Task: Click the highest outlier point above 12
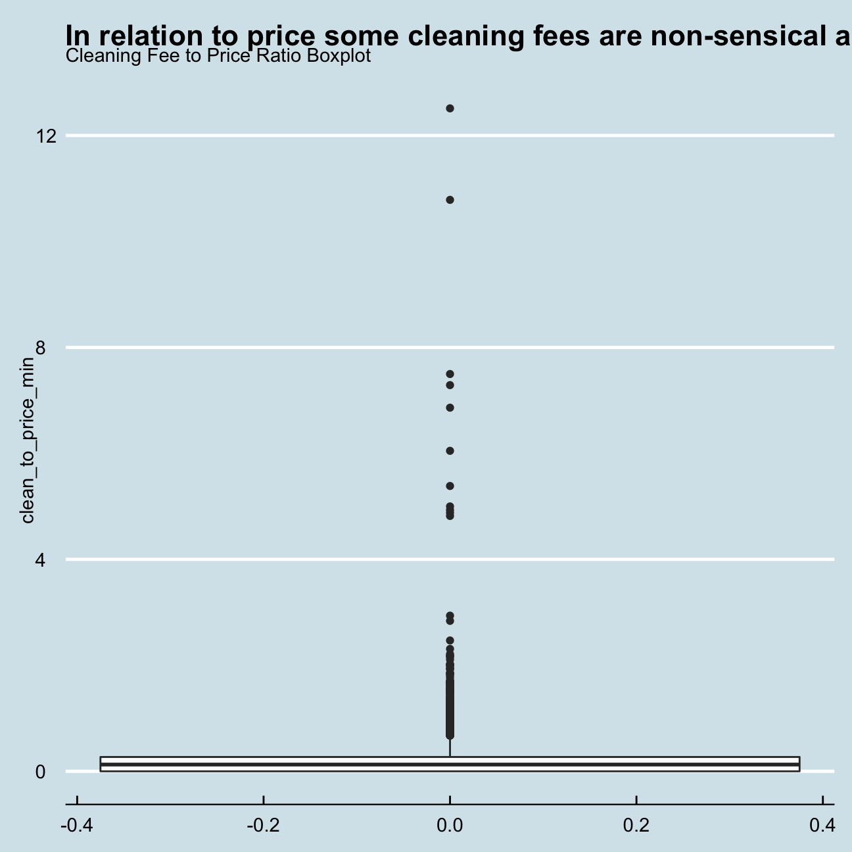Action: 450,108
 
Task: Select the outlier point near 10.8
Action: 450,200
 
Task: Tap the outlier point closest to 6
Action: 450,451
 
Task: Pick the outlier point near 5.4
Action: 450,486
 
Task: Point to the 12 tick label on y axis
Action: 46,136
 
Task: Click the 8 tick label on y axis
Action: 41,348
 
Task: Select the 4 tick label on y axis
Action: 41,560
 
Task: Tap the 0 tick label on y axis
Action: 41,772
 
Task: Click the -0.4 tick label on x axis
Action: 76,824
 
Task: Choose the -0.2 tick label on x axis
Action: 263,824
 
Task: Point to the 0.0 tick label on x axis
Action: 450,824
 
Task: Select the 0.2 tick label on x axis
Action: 636,824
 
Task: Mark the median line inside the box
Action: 450,765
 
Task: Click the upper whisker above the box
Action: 450,748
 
